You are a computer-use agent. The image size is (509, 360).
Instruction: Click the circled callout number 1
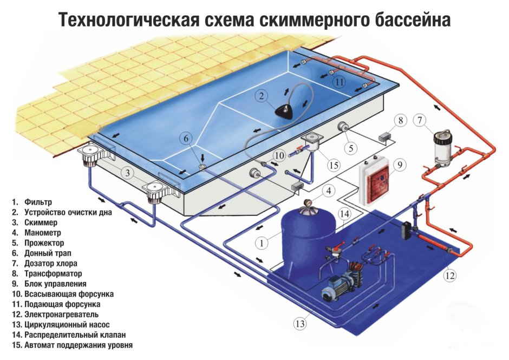tap(262, 243)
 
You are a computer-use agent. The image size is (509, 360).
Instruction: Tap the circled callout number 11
tap(339, 83)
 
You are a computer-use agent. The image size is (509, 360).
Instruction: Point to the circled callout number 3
tap(126, 173)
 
